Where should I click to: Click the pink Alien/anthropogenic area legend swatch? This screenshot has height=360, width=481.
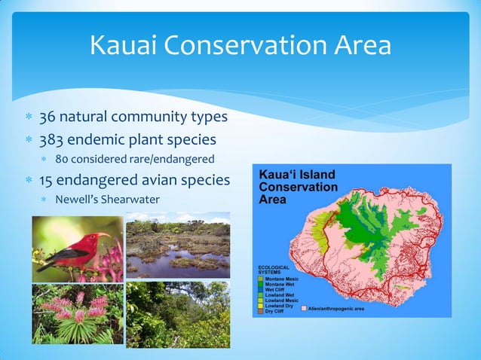pos(304,309)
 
